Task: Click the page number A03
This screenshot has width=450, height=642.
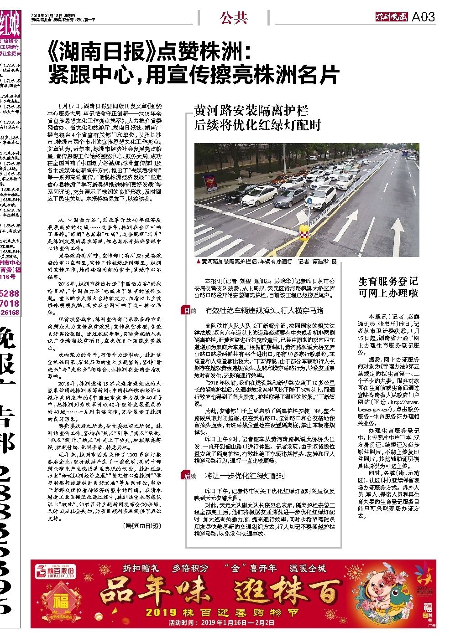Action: pyautogui.click(x=424, y=17)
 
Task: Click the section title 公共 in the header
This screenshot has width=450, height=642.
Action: pyautogui.click(x=233, y=18)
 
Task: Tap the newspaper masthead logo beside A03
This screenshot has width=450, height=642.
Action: pyautogui.click(x=389, y=17)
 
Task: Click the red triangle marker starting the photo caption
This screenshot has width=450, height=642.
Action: pyautogui.click(x=197, y=262)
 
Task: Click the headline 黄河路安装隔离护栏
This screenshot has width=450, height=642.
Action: pyautogui.click(x=251, y=111)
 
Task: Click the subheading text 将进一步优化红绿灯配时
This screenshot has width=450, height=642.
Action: pyautogui.click(x=245, y=476)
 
